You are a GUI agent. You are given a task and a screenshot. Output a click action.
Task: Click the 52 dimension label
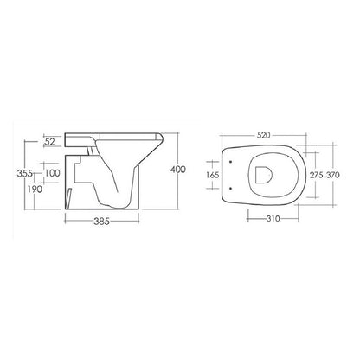click(49, 141)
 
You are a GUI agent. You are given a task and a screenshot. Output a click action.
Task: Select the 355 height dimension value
click(25, 174)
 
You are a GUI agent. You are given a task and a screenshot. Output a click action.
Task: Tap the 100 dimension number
click(52, 173)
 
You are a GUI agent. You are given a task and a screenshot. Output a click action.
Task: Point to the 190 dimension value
click(35, 189)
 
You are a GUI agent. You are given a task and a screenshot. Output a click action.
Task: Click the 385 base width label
click(102, 222)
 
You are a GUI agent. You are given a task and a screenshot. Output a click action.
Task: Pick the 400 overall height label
click(177, 170)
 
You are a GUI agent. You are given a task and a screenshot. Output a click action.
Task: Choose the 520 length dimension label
click(263, 135)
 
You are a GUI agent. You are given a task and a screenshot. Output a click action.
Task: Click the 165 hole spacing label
click(213, 175)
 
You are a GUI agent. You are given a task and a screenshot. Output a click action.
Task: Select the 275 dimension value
click(317, 175)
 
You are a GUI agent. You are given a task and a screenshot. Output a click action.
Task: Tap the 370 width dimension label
click(333, 175)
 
